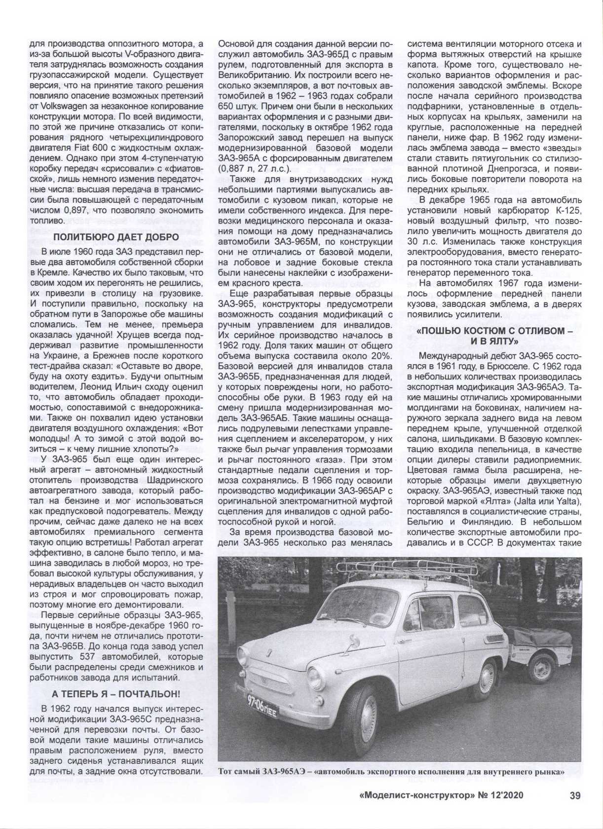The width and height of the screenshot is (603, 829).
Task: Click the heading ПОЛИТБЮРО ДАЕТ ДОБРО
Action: tap(116, 237)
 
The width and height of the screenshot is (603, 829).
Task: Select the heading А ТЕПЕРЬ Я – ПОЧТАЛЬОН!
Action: tap(116, 693)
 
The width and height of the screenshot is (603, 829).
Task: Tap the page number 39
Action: tap(574, 809)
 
